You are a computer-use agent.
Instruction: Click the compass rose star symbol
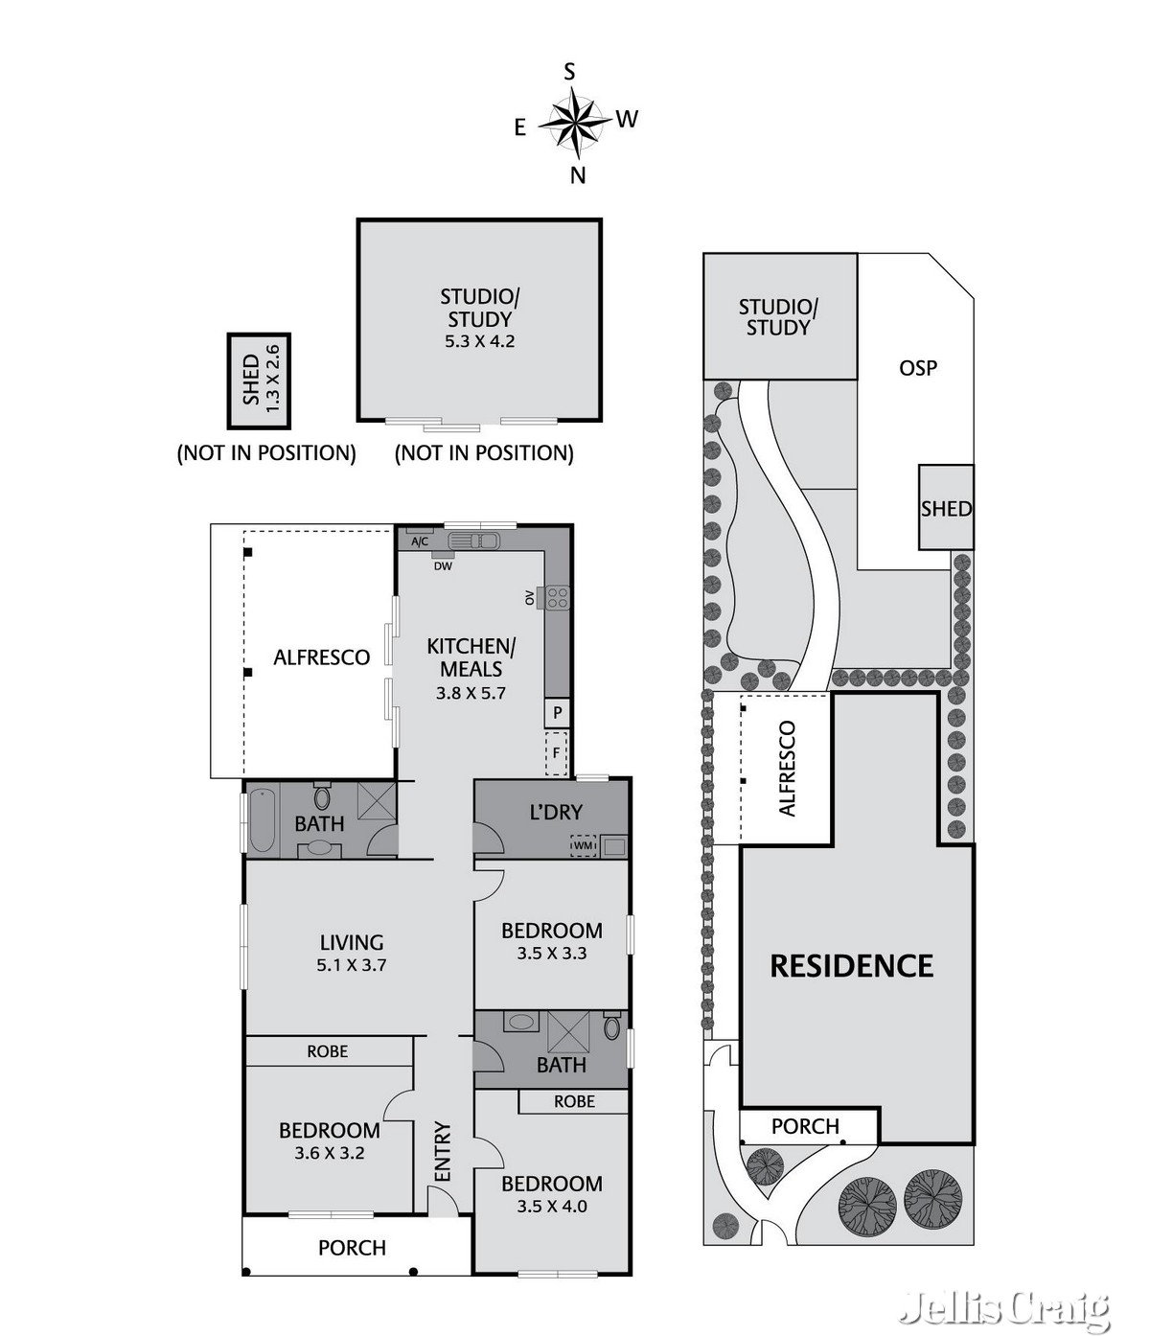(574, 122)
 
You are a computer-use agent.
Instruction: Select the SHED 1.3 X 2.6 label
(260, 380)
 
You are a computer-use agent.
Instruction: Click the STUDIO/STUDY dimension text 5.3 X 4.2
(479, 341)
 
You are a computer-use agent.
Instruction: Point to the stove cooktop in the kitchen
(557, 598)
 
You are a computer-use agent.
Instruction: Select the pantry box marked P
(557, 713)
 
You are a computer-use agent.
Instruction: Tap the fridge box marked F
(557, 753)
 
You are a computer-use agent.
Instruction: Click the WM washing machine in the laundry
(584, 846)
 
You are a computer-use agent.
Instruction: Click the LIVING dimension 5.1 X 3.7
(351, 966)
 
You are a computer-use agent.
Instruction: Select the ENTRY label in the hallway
(442, 1151)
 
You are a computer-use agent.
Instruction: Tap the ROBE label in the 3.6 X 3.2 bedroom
(327, 1051)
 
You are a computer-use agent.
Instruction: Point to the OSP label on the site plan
(917, 368)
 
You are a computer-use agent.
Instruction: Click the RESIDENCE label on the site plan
(851, 965)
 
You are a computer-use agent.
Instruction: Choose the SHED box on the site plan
(946, 508)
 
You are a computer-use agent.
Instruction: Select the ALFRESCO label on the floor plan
(321, 657)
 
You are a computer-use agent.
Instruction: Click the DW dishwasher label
(443, 566)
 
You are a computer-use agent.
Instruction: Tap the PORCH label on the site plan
(805, 1126)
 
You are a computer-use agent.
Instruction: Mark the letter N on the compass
(578, 175)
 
